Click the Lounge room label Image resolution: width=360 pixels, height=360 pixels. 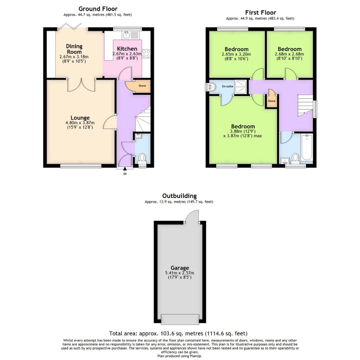[x=80, y=118]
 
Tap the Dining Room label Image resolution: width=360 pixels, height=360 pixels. [x=74, y=49]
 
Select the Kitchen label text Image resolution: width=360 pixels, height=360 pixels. [x=127, y=49]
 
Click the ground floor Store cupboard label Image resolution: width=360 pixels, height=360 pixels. [x=142, y=86]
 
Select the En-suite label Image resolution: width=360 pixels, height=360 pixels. [x=227, y=86]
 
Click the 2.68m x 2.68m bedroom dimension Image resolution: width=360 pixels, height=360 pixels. [x=289, y=54]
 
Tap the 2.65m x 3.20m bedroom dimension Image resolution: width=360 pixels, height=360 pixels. [x=236, y=54]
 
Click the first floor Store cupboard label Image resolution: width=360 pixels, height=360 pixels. [x=272, y=101]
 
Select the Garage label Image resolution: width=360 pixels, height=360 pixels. [x=180, y=268]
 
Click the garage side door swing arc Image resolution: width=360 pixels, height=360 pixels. [x=193, y=216]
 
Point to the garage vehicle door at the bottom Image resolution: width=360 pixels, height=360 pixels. [x=180, y=319]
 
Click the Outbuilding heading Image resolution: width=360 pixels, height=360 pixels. [x=179, y=196]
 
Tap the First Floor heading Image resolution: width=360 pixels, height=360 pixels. [x=260, y=13]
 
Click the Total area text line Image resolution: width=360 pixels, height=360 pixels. [x=178, y=333]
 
